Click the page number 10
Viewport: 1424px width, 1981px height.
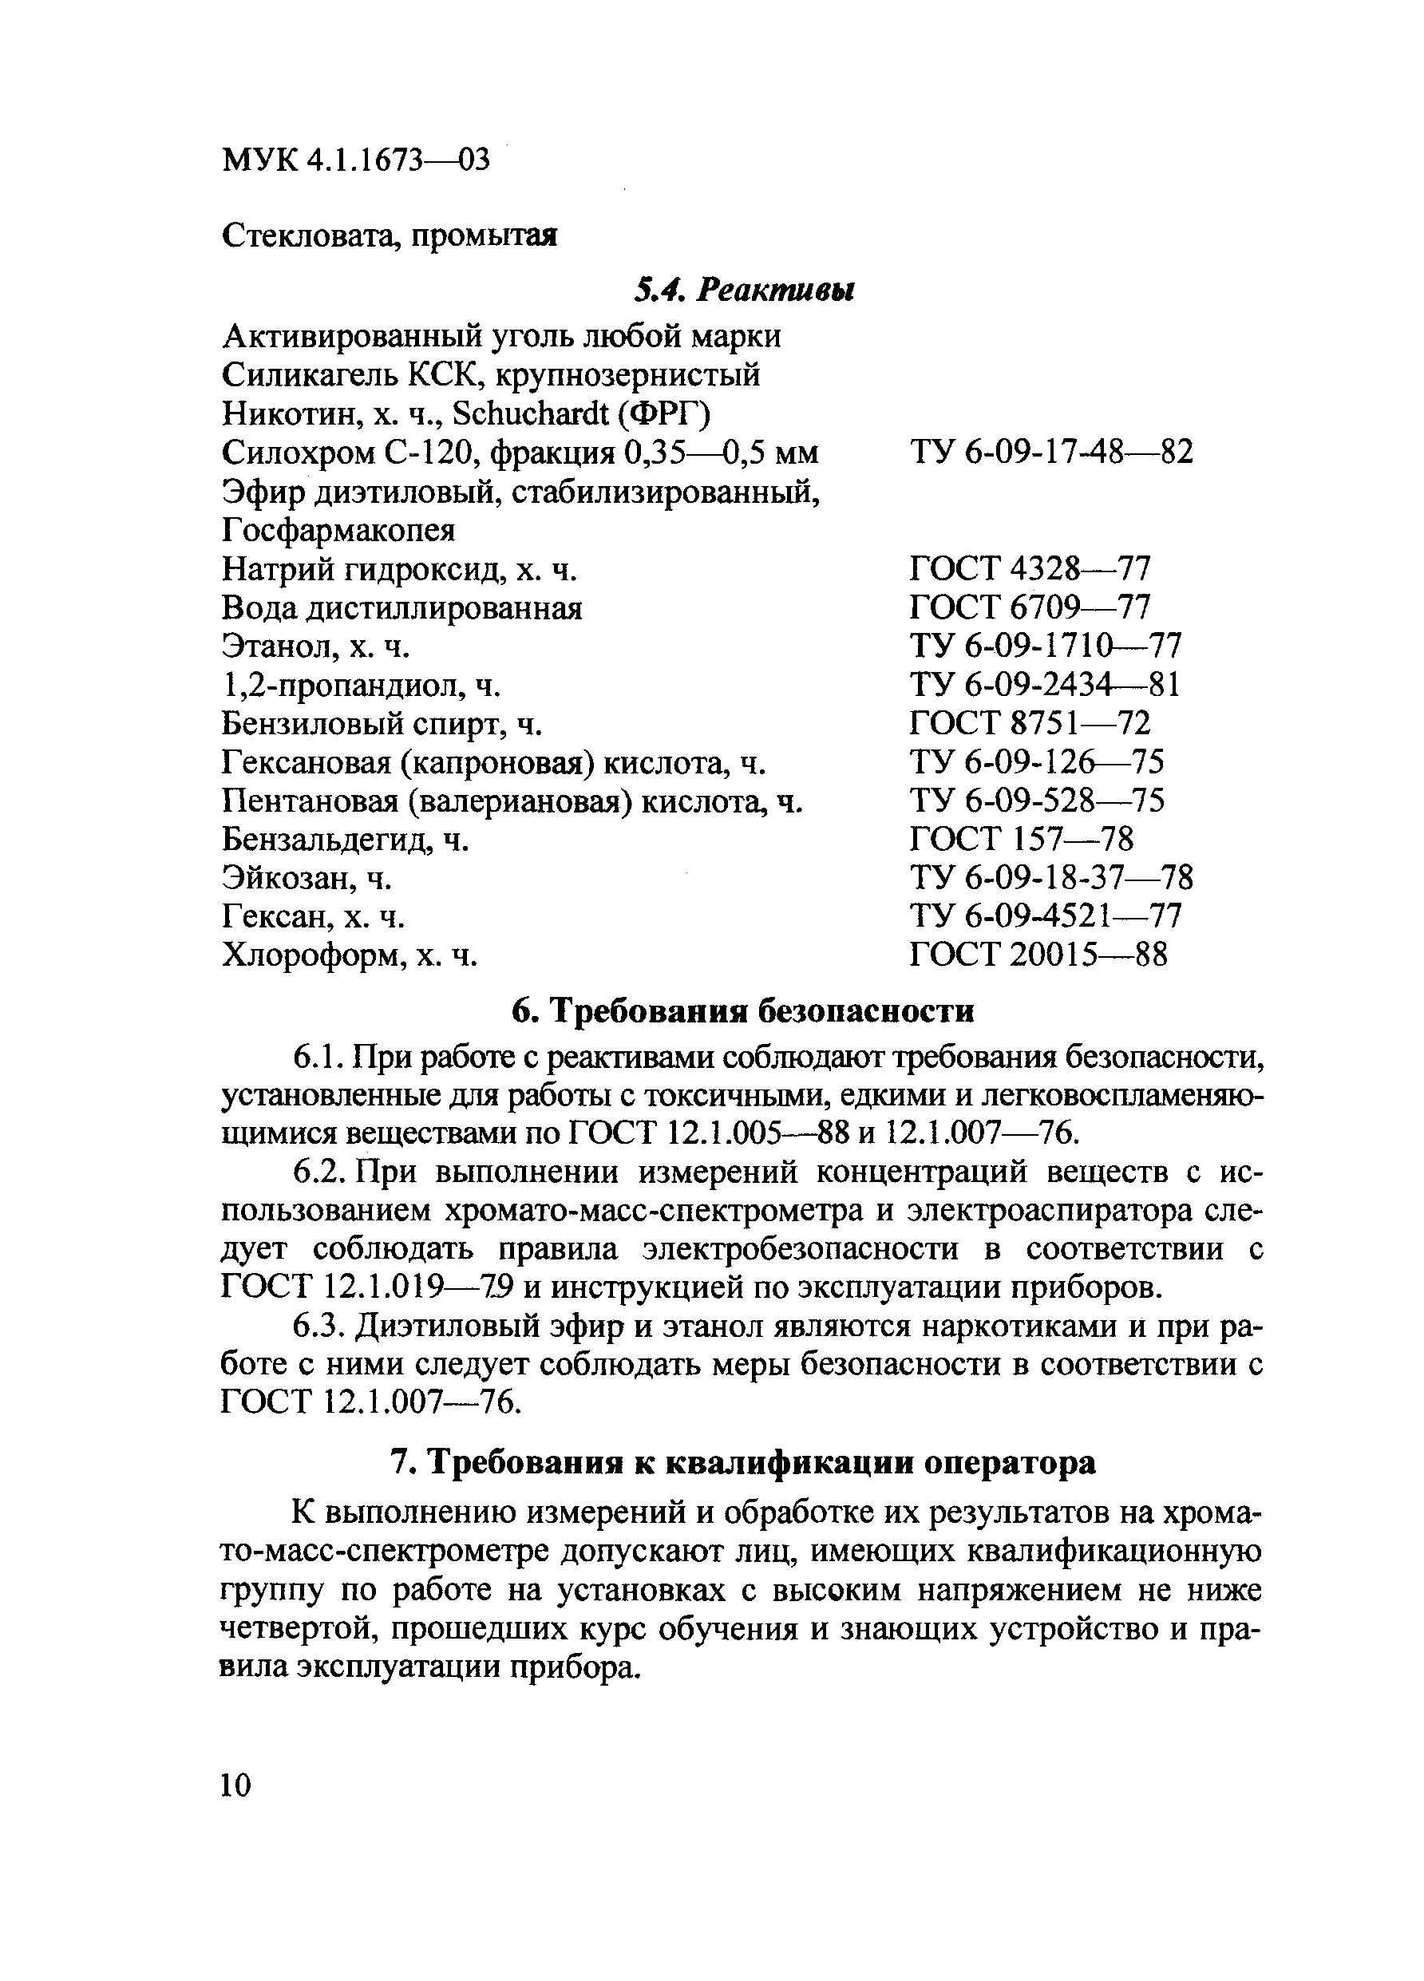tap(236, 1784)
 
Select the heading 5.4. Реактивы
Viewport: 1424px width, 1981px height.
tap(743, 289)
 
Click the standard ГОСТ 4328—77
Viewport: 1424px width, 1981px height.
tap(1029, 570)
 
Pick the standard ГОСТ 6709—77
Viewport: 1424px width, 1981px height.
tap(1029, 608)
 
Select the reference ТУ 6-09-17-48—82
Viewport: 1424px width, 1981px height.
tap(1050, 453)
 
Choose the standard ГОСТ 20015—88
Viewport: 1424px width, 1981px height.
tap(1037, 955)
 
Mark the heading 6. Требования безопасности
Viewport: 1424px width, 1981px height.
tap(742, 1010)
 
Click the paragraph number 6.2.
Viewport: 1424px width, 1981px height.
tap(314, 1172)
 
